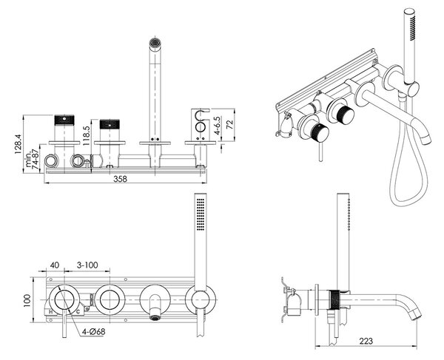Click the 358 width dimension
click(121, 179)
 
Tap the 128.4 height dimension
click(18, 144)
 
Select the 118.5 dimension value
click(87, 135)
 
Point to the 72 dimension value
click(230, 125)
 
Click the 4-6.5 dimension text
click(217, 125)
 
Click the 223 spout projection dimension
click(366, 341)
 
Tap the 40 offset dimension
click(55, 265)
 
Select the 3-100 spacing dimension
click(87, 265)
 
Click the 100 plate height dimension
click(27, 301)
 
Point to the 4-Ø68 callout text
click(94, 331)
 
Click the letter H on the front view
click(50, 312)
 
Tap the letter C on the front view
click(78, 312)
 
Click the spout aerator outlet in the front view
click(155, 318)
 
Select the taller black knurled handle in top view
click(64, 120)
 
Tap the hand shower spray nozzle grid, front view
click(201, 214)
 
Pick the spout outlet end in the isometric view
click(425, 139)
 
